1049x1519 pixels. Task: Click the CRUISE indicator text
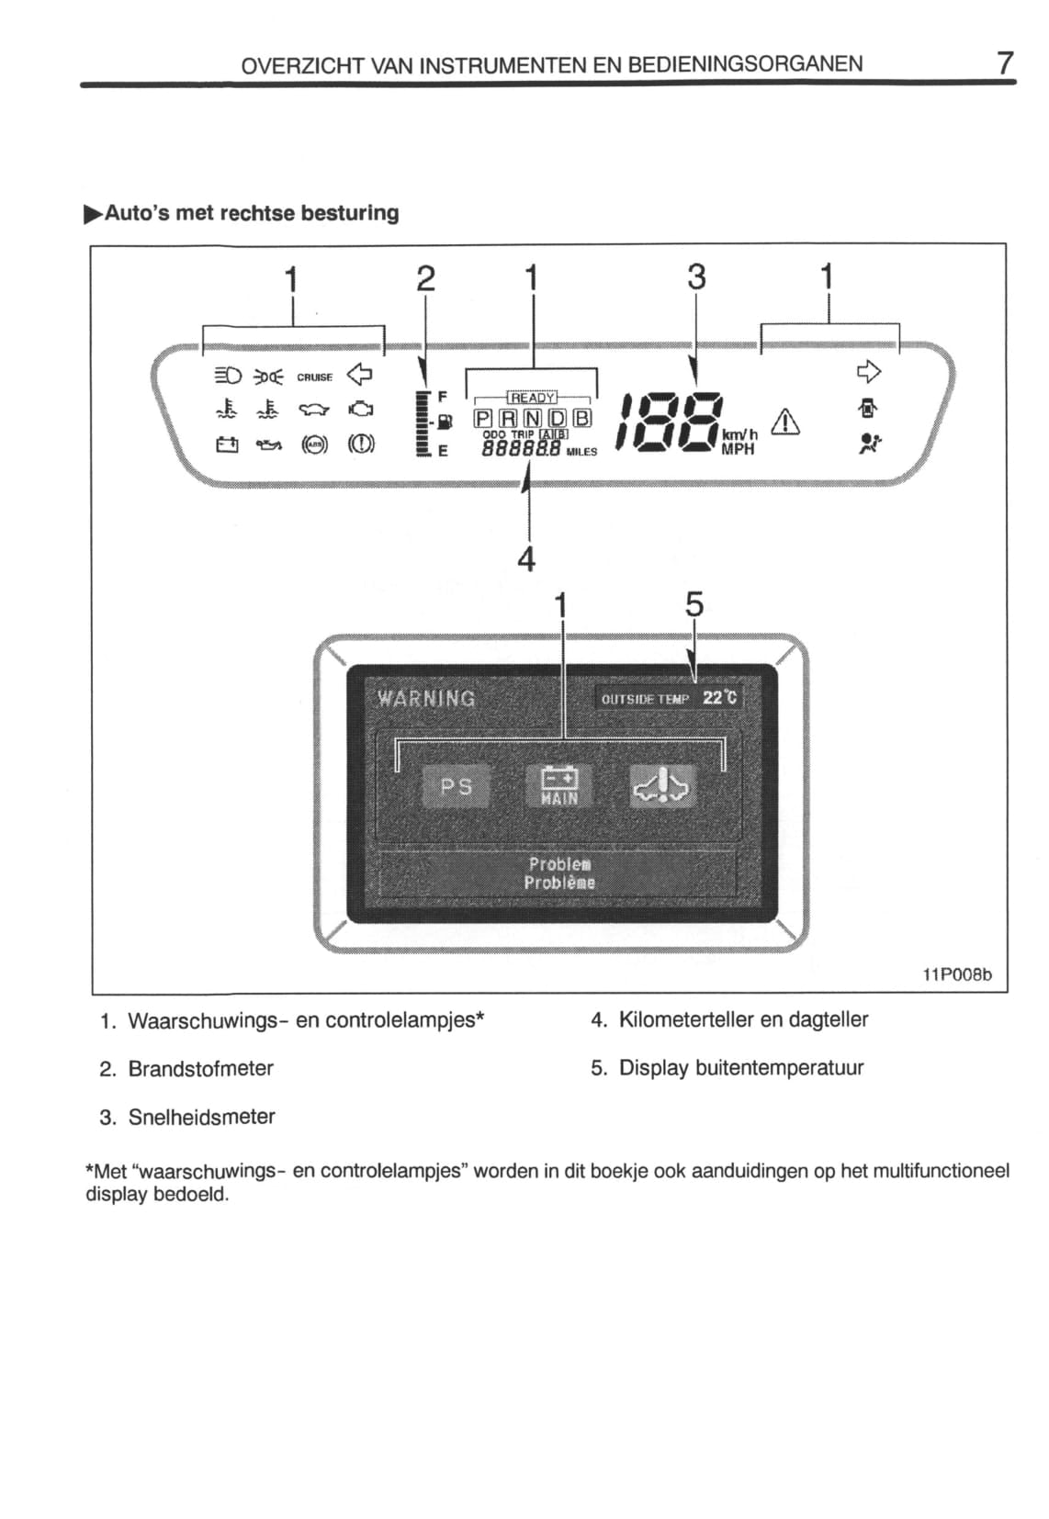[315, 377]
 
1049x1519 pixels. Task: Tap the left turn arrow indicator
[359, 374]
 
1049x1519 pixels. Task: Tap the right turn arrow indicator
[869, 372]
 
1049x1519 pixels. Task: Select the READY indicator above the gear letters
[532, 398]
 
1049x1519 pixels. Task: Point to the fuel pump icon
[445, 422]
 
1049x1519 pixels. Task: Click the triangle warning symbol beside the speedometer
[784, 422]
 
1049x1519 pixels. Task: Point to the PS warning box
[456, 787]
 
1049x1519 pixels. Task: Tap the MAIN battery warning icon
[558, 787]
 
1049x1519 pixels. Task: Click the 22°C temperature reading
[719, 698]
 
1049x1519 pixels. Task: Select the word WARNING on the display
[426, 699]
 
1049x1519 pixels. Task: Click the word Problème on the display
[559, 883]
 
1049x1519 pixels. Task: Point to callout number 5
[694, 604]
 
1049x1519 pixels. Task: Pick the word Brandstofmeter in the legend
[201, 1069]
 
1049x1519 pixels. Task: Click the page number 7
[1005, 63]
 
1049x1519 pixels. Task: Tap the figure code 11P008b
[957, 975]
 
